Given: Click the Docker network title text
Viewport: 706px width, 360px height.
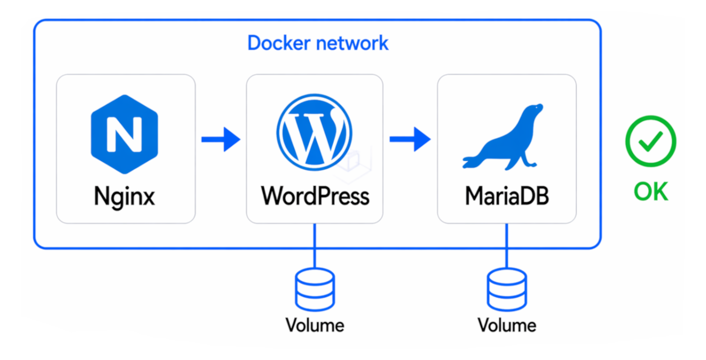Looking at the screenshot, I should pos(318,43).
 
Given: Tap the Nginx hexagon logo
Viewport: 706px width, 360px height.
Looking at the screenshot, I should pos(124,134).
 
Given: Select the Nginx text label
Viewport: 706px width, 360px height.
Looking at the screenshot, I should pos(124,197).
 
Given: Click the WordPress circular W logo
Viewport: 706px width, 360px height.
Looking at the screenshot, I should pos(314,132).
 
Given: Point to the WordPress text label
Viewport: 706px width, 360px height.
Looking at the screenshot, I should pos(315,196).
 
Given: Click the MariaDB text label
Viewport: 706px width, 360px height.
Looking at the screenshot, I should pos(507,196).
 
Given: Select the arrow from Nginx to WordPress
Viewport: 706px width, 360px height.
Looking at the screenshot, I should pos(221,139).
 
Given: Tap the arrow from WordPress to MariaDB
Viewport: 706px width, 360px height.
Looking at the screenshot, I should pos(410,139).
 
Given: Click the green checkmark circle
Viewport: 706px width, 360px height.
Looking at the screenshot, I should pos(650,141).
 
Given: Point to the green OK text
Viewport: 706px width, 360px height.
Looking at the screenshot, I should pos(651,191).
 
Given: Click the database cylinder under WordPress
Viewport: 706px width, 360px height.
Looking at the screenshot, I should pos(315,289).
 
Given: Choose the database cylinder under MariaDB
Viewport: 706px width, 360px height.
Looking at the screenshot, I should pos(507,289).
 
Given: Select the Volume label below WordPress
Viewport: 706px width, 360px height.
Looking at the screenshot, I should pos(315,326).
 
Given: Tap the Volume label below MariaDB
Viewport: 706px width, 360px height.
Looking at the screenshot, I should pos(507,326).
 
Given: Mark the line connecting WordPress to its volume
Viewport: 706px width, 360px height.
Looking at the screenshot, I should pos(315,245).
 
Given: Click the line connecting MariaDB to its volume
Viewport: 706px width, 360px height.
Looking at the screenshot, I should pos(507,245).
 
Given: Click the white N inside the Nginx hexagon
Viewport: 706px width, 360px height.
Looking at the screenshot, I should pos(124,134).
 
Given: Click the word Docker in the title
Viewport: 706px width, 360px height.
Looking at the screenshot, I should pos(279,43).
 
